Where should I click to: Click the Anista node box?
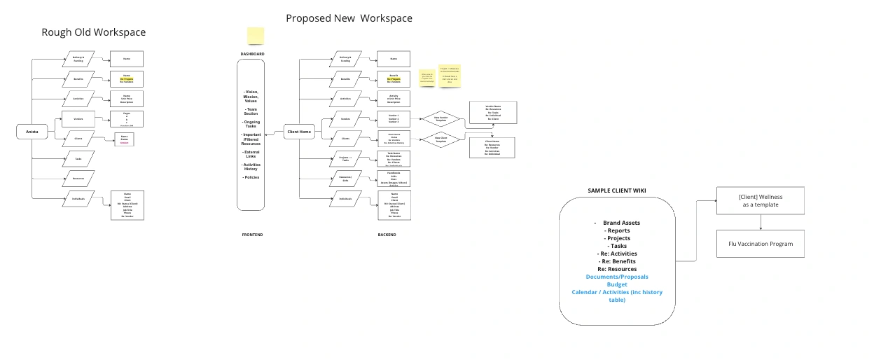32,131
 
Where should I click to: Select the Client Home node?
299,132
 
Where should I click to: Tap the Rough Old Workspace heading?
94,32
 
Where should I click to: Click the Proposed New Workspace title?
349,18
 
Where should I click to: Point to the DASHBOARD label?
252,54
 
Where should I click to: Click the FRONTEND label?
252,235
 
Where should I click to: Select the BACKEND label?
387,235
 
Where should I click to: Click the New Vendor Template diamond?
441,118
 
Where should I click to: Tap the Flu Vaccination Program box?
761,243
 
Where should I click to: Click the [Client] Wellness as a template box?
761,201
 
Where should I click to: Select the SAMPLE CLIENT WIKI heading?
616,191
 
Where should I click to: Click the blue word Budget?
617,284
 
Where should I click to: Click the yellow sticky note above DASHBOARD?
256,36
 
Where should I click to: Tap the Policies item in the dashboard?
251,177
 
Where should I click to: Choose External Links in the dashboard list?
251,154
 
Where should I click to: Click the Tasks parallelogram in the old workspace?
78,159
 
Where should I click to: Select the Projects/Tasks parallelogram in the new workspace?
345,159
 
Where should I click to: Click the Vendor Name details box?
493,112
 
